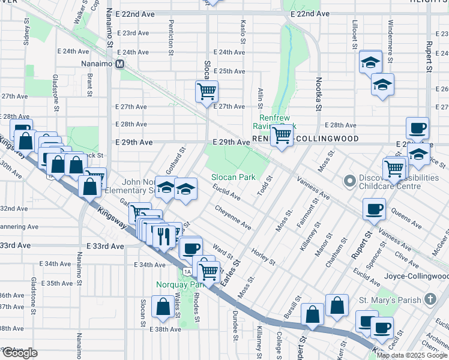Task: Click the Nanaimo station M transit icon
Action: [120, 64]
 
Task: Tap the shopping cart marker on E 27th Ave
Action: [206, 92]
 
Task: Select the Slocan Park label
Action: [234, 177]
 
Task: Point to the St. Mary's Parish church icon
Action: [430, 298]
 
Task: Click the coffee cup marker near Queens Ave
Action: [374, 209]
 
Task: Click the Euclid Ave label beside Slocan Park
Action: [226, 193]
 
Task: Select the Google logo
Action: [19, 353]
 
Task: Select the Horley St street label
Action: [264, 257]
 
